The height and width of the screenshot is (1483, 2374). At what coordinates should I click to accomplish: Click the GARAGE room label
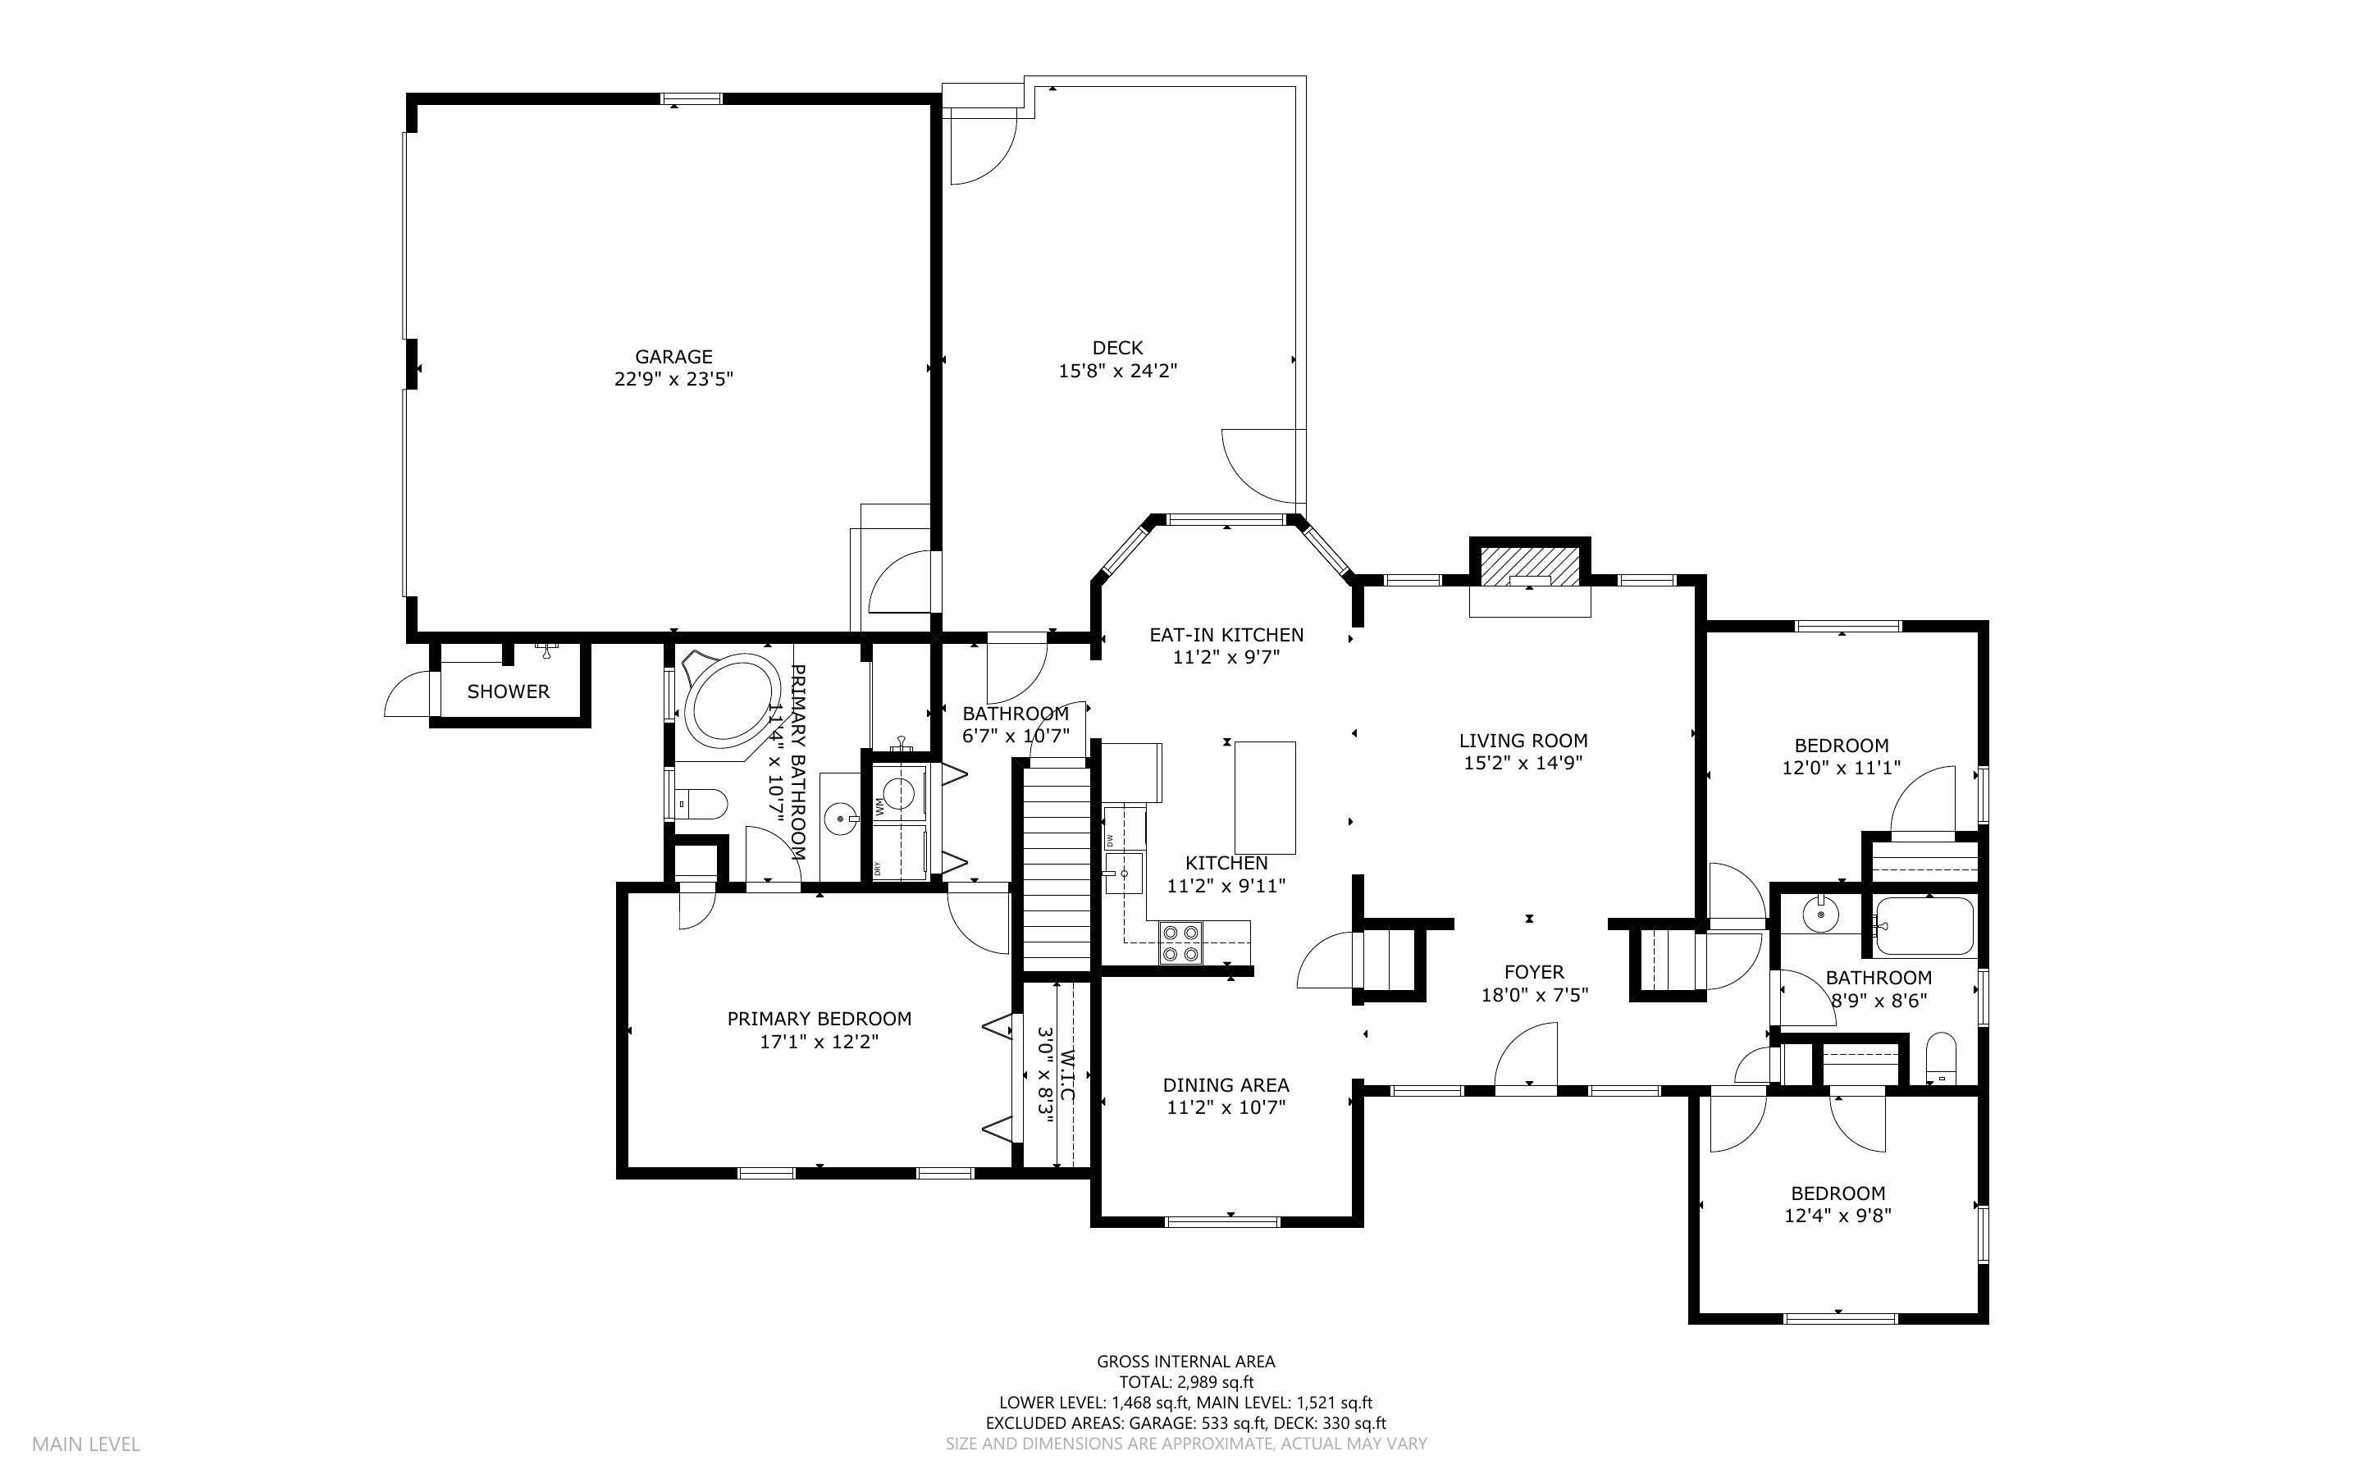[673, 357]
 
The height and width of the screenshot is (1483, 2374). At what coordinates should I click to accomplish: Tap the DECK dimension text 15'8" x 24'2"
[1117, 371]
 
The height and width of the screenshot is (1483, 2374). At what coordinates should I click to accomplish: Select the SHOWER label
[508, 691]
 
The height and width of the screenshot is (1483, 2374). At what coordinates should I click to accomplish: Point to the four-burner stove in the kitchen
[1180, 942]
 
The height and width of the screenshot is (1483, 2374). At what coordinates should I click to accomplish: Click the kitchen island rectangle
[1265, 797]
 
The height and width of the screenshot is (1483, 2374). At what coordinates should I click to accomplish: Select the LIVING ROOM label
[1523, 741]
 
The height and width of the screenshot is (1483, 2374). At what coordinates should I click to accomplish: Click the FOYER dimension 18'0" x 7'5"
[1535, 995]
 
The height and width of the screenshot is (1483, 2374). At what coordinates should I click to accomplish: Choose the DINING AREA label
[1226, 1085]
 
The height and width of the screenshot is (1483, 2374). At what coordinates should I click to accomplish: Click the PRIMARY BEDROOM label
[819, 1019]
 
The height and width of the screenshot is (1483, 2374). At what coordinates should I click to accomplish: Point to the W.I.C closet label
[1068, 1075]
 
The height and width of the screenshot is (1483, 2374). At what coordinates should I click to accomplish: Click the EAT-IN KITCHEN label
[1226, 636]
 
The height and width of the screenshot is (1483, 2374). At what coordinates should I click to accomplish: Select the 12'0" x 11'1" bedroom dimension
[1842, 769]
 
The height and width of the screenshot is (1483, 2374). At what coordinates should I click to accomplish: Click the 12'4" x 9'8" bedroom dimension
[1838, 1216]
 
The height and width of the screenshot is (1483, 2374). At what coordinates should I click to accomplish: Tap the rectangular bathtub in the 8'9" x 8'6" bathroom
[1924, 926]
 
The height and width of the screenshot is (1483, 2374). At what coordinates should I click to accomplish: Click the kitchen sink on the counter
[1124, 872]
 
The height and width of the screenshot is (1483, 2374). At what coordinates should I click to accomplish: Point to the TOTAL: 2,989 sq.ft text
[1186, 1383]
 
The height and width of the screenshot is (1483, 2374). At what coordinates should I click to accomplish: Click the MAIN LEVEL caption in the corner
[86, 1444]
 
